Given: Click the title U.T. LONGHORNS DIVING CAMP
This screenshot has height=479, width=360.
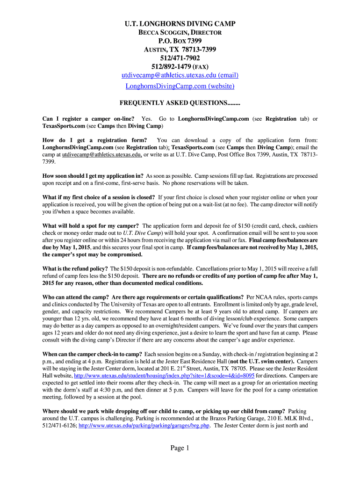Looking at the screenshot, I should (x=180, y=24).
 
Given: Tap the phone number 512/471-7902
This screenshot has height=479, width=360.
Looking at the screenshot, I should (x=180, y=58).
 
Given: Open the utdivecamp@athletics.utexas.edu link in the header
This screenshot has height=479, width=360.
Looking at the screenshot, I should (x=180, y=75).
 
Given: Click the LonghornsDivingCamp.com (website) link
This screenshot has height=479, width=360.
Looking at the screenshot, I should (x=180, y=86).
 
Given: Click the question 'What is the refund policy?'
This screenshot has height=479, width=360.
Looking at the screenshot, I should (x=75, y=269).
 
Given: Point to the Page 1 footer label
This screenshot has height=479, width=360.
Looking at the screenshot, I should (x=180, y=449).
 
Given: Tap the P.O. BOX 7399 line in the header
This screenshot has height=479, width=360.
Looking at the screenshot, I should (x=180, y=41).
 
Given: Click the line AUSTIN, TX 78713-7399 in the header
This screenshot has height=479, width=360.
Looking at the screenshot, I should (x=180, y=50).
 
